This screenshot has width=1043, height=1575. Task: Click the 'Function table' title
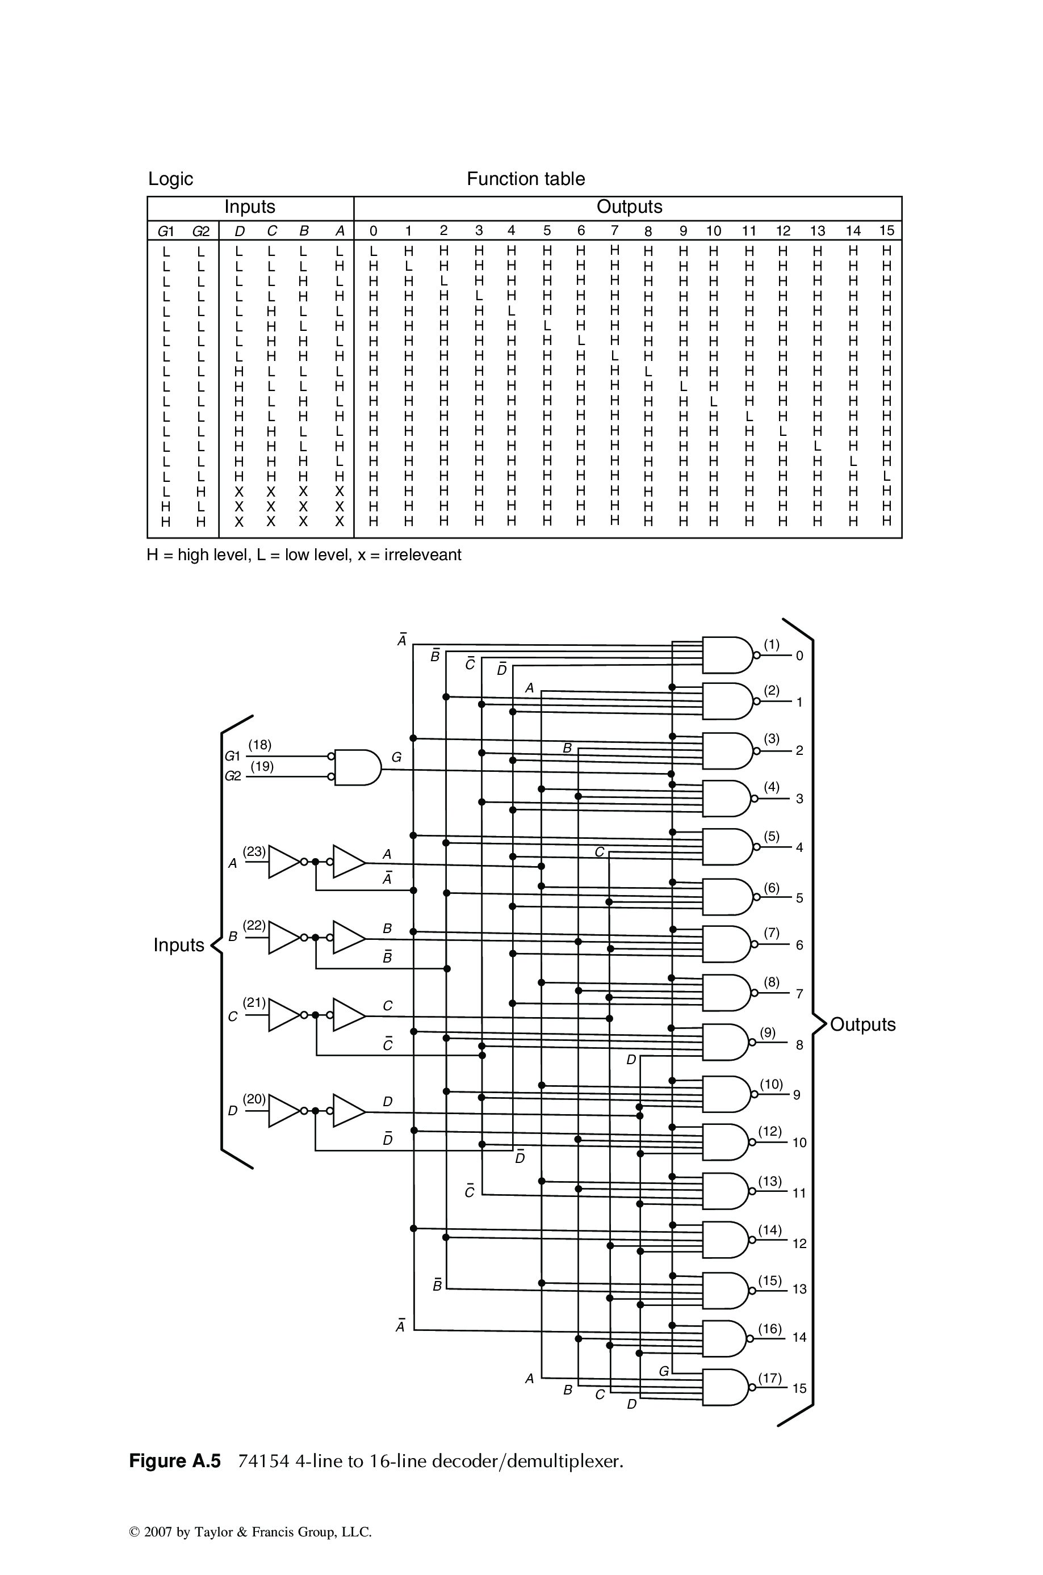tap(526, 179)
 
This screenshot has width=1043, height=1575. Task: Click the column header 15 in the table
tap(887, 230)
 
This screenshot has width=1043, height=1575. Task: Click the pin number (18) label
tap(259, 745)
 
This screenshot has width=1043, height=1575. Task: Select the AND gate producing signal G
tap(357, 768)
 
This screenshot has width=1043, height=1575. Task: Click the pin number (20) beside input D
tap(254, 1099)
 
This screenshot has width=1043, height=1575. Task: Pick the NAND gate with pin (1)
tap(727, 655)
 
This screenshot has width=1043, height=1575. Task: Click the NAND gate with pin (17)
tap(725, 1388)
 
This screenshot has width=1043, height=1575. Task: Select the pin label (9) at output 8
tap(768, 1033)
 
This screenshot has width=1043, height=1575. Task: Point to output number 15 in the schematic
tap(799, 1388)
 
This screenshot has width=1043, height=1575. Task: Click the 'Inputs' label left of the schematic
tap(178, 945)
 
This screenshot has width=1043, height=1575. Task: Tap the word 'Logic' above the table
tap(170, 179)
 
